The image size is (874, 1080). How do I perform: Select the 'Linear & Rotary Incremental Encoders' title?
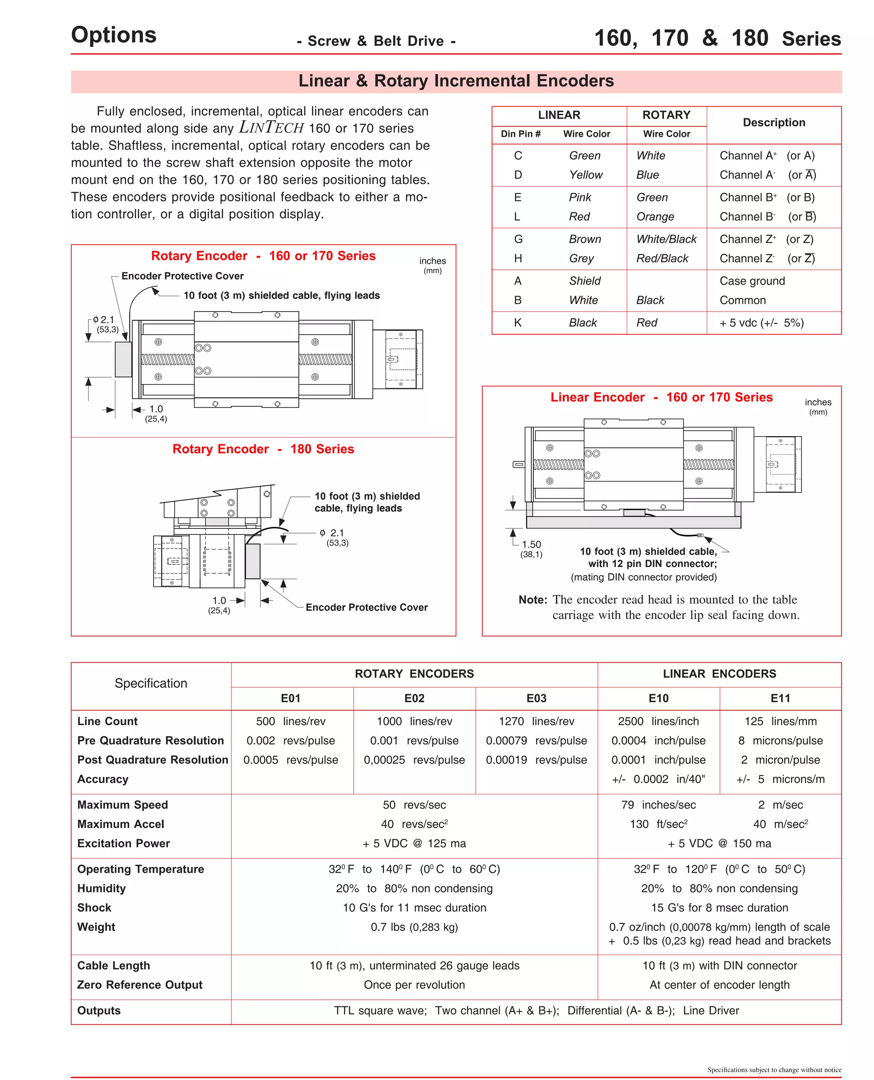456,81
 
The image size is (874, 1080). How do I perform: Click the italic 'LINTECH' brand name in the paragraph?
271,127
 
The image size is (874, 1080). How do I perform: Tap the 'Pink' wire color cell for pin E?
580,197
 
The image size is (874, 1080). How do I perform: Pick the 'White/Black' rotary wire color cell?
666,239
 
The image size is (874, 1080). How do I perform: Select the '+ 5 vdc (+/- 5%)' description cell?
761,323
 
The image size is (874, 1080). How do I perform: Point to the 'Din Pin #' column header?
521,134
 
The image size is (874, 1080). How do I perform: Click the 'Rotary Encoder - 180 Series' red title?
263,449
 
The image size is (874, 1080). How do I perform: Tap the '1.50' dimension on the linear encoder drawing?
531,544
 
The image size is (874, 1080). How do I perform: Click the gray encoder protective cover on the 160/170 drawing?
123,359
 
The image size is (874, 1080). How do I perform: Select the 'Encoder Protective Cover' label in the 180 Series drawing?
367,607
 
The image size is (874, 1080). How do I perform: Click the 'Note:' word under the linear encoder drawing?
532,600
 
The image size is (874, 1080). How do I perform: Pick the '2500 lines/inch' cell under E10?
658,721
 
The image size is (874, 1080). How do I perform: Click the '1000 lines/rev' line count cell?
414,721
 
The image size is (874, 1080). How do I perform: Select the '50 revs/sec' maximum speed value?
414,805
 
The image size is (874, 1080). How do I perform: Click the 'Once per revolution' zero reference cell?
414,985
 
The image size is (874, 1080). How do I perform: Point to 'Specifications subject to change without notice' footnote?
774,1070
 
